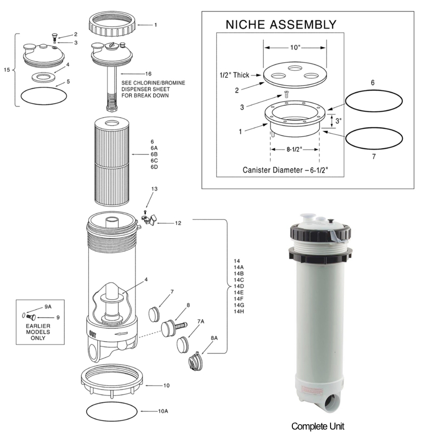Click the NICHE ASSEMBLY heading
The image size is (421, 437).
(281, 24)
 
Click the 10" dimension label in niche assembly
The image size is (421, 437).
(295, 48)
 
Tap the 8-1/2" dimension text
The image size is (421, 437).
(294, 150)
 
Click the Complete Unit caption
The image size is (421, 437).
(318, 426)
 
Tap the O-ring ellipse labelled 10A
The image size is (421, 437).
(113, 411)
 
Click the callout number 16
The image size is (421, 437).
(148, 73)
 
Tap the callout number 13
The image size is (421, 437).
(154, 189)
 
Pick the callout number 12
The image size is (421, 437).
(178, 223)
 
